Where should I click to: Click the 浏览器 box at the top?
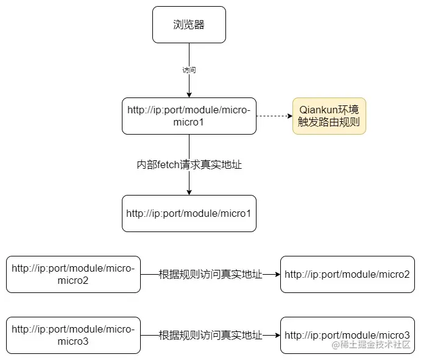pos(189,24)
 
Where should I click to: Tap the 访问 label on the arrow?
pos(189,70)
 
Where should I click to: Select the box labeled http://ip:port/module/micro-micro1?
pos(189,116)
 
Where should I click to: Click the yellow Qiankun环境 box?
pos(329,116)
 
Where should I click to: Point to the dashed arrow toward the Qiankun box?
pos(274,116)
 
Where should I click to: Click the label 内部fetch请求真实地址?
pos(189,164)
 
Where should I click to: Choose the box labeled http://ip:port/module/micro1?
pos(189,213)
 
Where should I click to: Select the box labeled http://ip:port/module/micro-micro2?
pos(73,274)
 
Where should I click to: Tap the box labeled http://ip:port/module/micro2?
pos(347,274)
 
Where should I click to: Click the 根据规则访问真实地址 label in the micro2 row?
pos(210,274)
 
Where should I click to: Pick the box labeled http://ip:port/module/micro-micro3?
pos(73,335)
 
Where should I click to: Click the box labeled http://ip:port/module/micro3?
pos(347,335)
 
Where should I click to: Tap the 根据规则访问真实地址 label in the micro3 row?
pos(210,335)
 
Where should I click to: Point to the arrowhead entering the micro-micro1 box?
pos(189,94)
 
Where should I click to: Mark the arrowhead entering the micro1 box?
pos(189,192)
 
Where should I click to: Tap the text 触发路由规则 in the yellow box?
pos(329,122)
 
